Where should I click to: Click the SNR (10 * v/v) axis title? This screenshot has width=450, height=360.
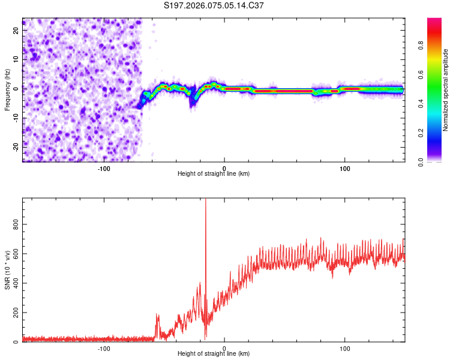click(8, 271)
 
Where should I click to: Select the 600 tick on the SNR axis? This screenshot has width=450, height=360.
click(13, 253)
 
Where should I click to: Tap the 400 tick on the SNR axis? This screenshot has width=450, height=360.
click(13, 283)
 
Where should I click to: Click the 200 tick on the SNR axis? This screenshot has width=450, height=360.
click(13, 312)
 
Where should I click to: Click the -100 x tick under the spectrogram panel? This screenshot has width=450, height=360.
click(104, 167)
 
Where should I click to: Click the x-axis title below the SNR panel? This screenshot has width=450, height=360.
click(214, 355)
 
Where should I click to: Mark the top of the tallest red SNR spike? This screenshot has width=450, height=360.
click(206, 200)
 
